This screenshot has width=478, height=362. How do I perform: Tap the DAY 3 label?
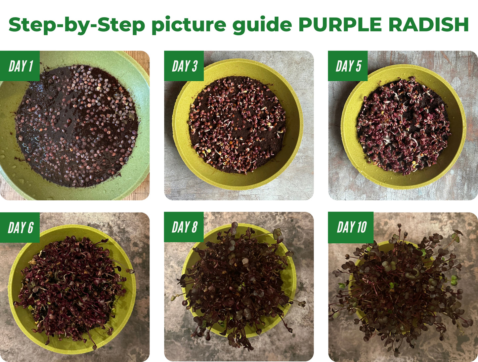click(x=184, y=66)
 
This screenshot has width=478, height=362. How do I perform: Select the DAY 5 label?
click(x=348, y=66)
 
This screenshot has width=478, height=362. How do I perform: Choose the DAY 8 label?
click(x=184, y=227)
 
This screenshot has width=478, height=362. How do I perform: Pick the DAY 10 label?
click(x=351, y=227)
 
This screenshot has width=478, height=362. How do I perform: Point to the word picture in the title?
click(x=189, y=25)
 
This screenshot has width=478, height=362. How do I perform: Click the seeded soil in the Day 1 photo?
click(x=76, y=126)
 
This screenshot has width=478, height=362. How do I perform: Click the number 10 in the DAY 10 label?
click(x=361, y=227)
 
